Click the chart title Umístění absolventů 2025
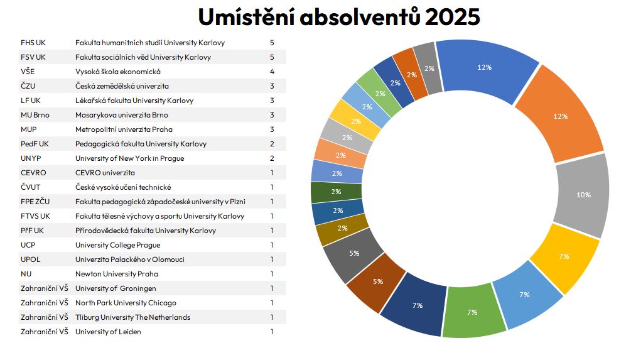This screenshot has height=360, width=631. (x=338, y=17)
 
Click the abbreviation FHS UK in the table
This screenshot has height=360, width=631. (x=33, y=43)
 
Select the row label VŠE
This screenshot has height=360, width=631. (x=28, y=72)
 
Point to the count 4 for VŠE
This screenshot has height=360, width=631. (x=272, y=72)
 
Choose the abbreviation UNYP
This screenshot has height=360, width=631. (x=31, y=158)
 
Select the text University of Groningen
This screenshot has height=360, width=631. (x=116, y=288)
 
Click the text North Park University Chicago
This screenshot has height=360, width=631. (x=126, y=303)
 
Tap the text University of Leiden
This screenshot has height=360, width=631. (x=108, y=332)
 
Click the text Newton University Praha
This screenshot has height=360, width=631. (x=117, y=274)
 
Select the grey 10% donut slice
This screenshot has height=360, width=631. (x=583, y=195)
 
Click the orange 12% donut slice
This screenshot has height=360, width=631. (x=560, y=116)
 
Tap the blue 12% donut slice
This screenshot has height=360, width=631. (x=484, y=67)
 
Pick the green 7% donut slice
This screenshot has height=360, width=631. (x=472, y=312)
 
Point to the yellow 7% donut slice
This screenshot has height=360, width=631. (x=563, y=256)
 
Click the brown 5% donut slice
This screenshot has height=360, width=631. (x=377, y=281)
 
